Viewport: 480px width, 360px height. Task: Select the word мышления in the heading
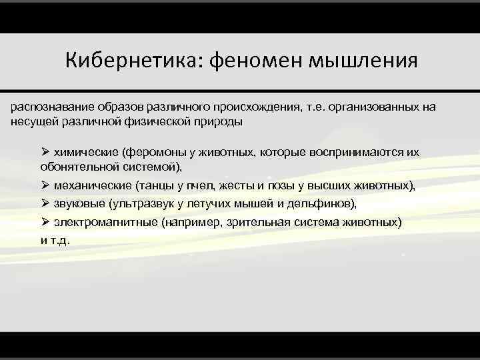coord(363,61)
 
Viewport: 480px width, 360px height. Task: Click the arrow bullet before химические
coord(45,152)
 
